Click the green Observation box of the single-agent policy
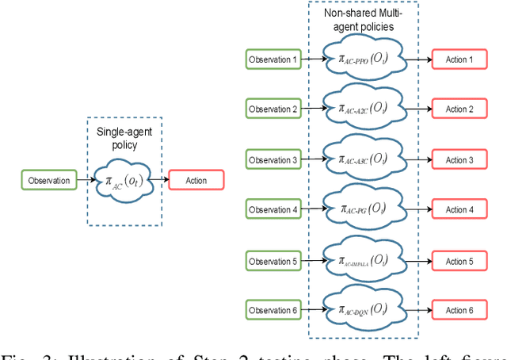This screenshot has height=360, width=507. click(48, 180)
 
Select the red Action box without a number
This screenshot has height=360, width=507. click(196, 180)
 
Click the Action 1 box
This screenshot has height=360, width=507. click(460, 59)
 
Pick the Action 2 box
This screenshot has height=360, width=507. click(460, 109)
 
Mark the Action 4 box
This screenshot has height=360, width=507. click(460, 209)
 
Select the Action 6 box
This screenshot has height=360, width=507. click(460, 310)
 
